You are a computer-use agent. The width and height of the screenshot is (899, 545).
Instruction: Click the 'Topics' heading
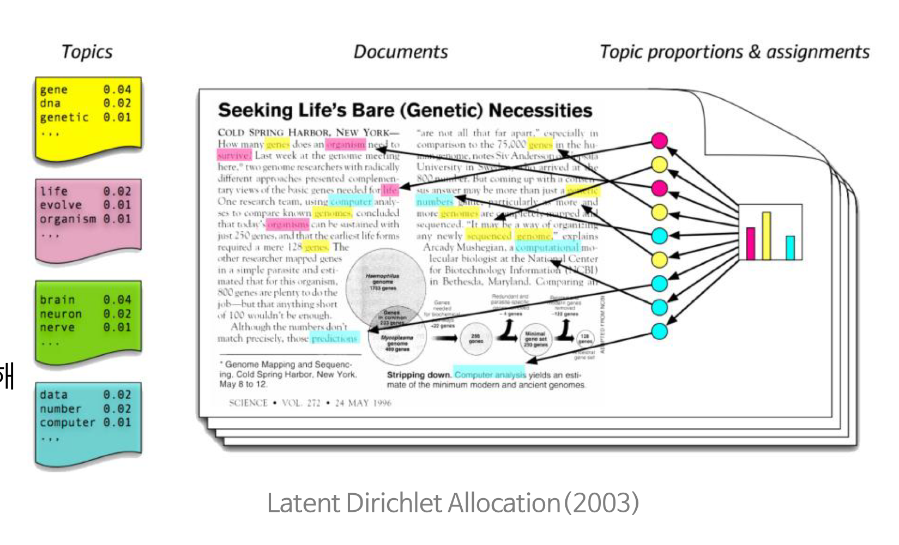coord(87,52)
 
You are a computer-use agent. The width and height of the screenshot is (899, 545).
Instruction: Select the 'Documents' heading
coord(401,52)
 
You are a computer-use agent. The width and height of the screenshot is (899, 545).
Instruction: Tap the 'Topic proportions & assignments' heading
coord(734,52)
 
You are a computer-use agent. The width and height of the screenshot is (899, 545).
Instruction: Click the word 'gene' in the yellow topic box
coord(53,89)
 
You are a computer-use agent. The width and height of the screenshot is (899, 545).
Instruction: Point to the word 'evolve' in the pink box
coord(61,205)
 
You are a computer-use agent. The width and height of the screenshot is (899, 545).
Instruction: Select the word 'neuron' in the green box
coord(61,314)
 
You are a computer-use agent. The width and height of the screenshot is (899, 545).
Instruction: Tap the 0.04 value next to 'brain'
coord(117,300)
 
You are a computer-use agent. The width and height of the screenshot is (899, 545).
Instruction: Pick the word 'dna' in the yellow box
coord(50,104)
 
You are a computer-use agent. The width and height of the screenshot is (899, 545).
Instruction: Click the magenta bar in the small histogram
coord(751,244)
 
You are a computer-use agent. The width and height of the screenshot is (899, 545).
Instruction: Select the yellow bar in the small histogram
coord(767,236)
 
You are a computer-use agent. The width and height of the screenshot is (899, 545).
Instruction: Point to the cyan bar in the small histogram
coord(790,247)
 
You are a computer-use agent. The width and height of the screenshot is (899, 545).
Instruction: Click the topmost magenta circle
coord(660,141)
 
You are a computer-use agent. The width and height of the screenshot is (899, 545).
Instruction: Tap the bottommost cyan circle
coord(660,331)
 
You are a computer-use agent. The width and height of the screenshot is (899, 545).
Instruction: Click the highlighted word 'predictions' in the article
coord(334,338)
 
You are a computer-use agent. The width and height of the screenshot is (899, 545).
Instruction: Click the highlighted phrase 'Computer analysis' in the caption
coord(490,375)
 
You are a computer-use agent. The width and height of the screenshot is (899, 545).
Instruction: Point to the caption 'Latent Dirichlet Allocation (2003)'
coord(452,502)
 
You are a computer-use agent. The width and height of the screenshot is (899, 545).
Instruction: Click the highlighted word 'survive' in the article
coord(234,156)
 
